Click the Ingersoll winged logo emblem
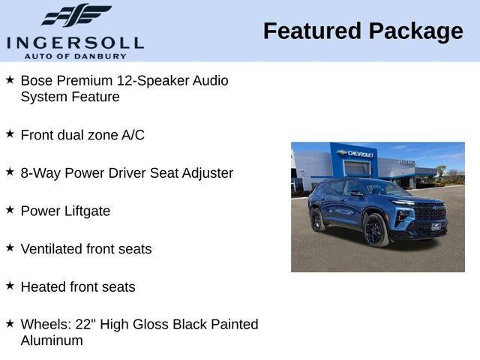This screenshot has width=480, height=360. (x=76, y=15)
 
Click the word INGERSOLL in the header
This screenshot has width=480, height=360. (x=75, y=42)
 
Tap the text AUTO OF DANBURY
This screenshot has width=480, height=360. (x=75, y=56)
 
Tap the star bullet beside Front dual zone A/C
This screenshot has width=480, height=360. (x=10, y=133)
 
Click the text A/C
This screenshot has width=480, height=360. (x=130, y=135)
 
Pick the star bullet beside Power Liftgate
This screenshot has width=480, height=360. (x=10, y=210)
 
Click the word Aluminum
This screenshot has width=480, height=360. (x=51, y=340)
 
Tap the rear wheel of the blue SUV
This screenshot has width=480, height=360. (x=316, y=220)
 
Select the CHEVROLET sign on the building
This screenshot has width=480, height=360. (x=357, y=153)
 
